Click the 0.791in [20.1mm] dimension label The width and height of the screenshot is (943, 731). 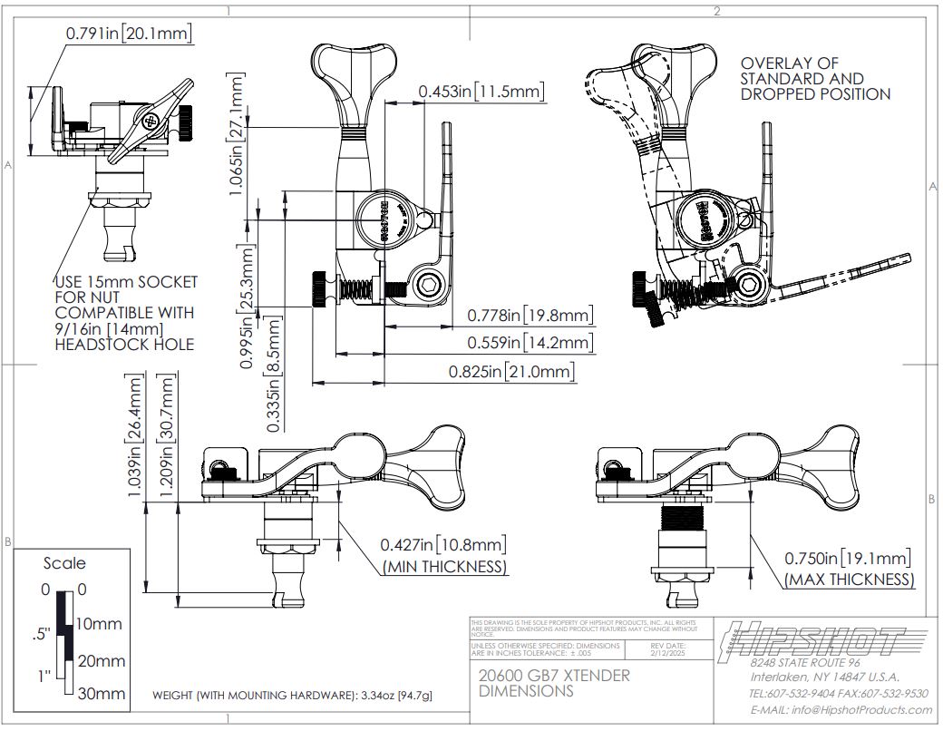(129, 34)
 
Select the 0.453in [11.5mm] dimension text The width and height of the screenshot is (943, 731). (481, 91)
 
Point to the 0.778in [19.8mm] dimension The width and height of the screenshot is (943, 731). (530, 316)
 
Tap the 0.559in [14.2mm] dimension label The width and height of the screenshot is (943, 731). (530, 343)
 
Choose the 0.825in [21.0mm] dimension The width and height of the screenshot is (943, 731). (511, 372)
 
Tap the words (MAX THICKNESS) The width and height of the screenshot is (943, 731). (849, 580)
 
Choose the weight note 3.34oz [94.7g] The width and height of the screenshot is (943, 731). (292, 696)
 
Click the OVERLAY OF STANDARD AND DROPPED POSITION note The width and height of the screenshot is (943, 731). (815, 79)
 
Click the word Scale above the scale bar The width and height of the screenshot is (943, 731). (64, 563)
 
